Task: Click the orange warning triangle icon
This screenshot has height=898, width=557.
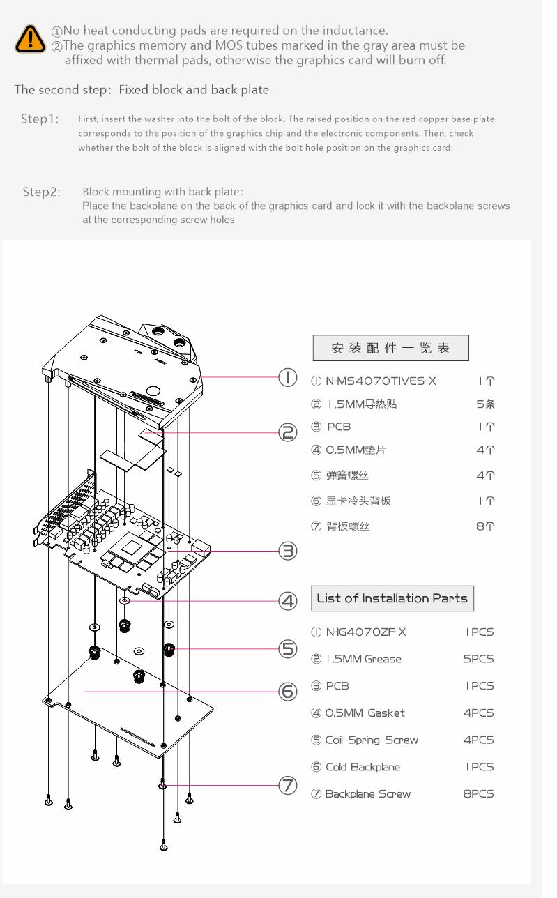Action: coord(30,39)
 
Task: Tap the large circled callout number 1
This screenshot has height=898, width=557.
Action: coord(288,378)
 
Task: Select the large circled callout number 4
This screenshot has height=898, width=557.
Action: coord(288,601)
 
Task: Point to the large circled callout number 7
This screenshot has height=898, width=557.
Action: coord(288,785)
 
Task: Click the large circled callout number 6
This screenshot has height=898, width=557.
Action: coord(288,692)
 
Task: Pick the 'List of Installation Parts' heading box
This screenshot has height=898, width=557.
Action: coord(392,598)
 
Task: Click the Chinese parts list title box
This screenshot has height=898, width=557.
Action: coord(390,348)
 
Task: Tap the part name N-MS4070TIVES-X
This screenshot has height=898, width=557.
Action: coord(381,381)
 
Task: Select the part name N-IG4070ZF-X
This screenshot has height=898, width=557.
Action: coord(366,632)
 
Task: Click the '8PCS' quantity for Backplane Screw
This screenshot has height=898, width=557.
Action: coord(478,793)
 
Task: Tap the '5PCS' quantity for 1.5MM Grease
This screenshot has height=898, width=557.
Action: coord(478,659)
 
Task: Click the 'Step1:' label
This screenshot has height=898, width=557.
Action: coord(40,119)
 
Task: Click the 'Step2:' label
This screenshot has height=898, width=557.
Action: coord(41,192)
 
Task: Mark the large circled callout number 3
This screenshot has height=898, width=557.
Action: coord(288,551)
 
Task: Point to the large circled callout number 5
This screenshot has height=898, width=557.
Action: coord(288,648)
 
